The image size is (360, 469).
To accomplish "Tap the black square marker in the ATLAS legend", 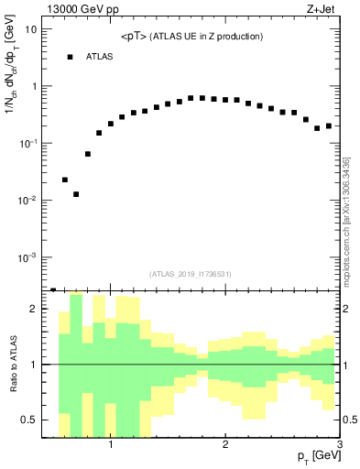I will pos(69,57).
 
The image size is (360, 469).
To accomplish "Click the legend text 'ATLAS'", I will pos(100,57).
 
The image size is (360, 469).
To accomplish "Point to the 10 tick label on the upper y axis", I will pos(30,29).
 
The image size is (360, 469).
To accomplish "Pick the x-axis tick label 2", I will pos(225,446).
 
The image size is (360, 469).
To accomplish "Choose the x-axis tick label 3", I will pos(339,446).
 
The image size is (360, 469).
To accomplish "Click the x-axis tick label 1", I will pos(111,446).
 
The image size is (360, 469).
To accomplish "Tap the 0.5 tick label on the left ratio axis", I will pos(29,420).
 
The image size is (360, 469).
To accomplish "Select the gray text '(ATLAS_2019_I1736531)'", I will pos(191,273).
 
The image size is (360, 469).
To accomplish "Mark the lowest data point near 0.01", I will pos(76,194).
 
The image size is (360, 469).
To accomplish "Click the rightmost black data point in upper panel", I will pos(329,125).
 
